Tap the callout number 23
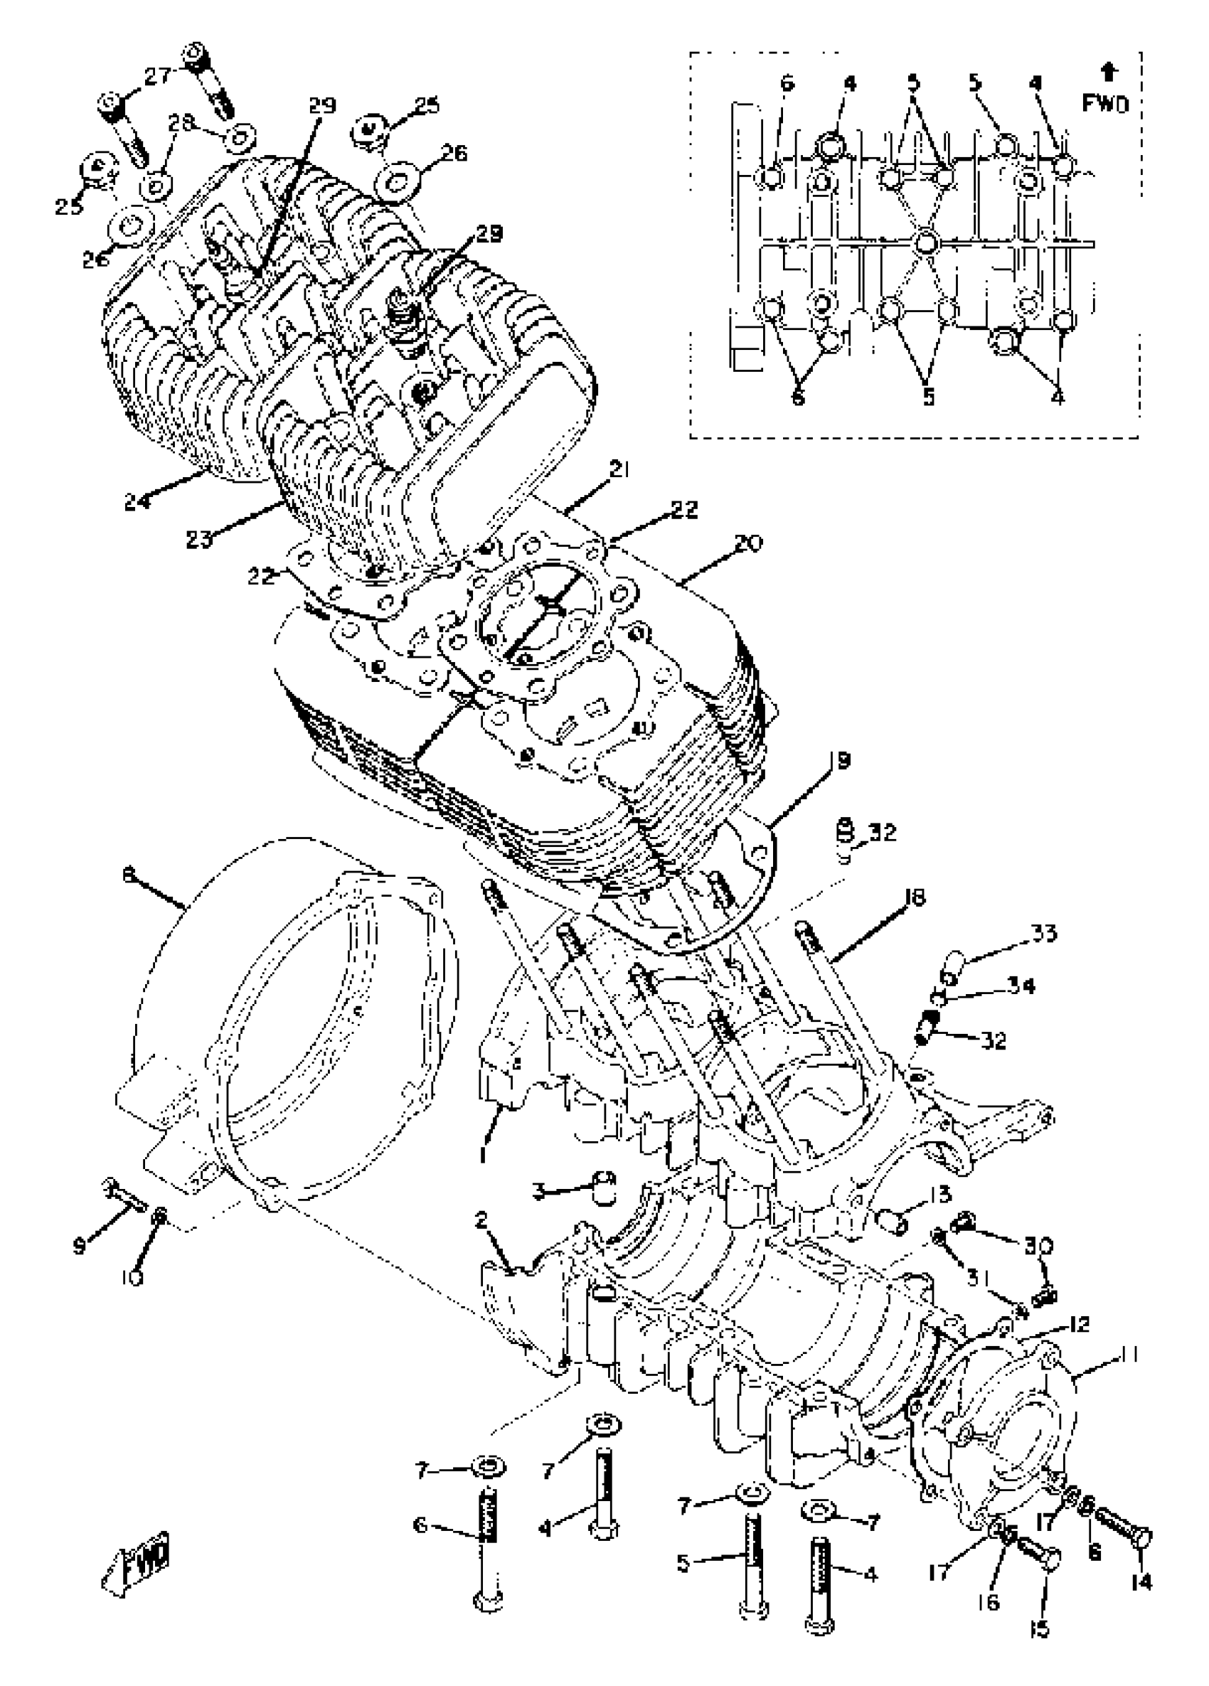(x=198, y=538)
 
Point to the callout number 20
(x=747, y=543)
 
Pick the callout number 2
(x=481, y=1220)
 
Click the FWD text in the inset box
(x=1104, y=104)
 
